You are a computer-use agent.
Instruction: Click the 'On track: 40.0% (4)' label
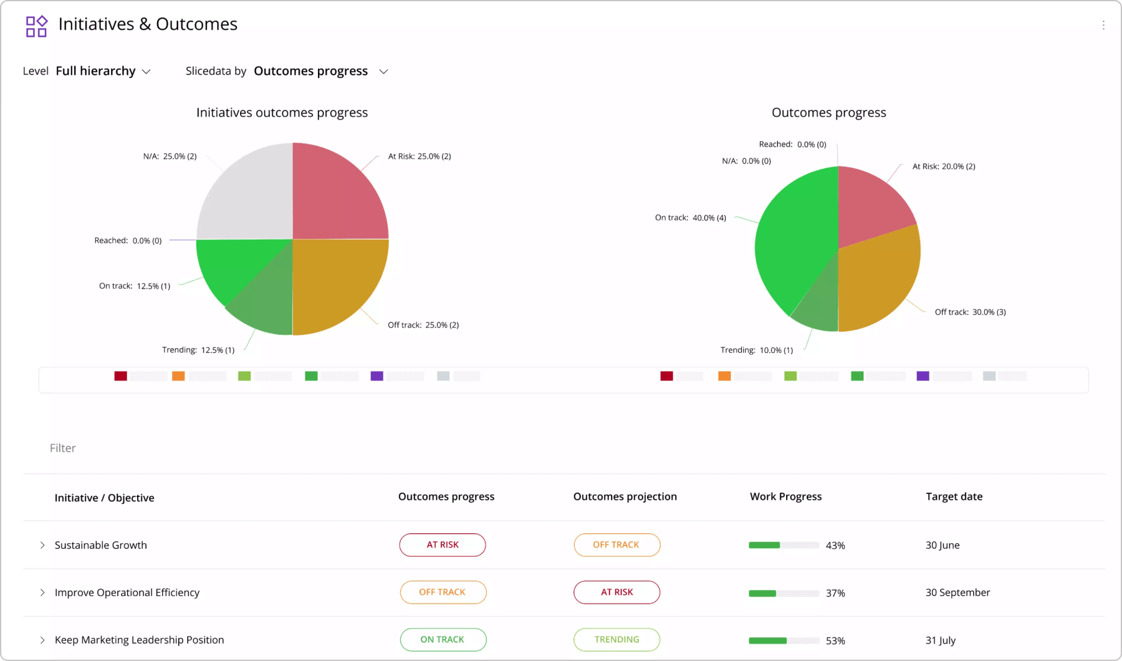click(690, 218)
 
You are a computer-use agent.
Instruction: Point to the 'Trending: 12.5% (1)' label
click(198, 350)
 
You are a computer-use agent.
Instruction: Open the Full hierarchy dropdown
click(103, 71)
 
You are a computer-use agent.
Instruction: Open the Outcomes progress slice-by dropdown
click(320, 71)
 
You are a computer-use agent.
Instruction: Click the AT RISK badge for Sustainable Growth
click(443, 545)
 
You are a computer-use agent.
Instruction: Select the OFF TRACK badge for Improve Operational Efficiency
click(443, 592)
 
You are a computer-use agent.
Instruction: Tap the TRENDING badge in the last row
click(616, 640)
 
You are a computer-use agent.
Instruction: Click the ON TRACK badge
click(443, 640)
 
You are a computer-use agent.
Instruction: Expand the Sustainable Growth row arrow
click(42, 545)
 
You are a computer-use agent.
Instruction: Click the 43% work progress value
click(835, 546)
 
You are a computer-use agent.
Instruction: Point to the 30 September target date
click(957, 592)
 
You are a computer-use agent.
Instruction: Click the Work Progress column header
click(785, 496)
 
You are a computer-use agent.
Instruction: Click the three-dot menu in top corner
click(1103, 25)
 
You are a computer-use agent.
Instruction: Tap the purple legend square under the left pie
click(376, 376)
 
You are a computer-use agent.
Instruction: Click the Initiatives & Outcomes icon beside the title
click(36, 26)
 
